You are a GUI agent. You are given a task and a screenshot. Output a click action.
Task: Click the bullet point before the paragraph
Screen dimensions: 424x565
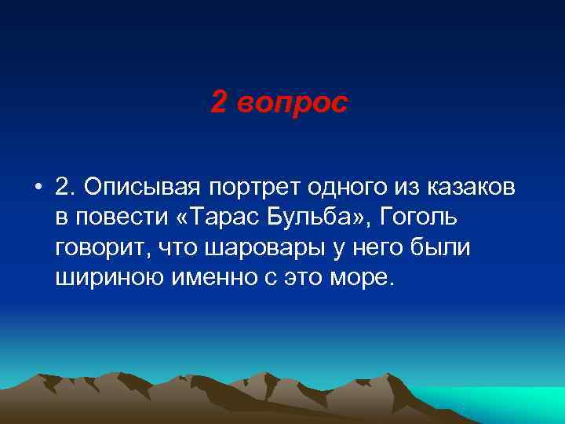pos(37,188)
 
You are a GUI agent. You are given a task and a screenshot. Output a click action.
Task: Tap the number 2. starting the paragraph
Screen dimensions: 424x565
pos(66,187)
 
